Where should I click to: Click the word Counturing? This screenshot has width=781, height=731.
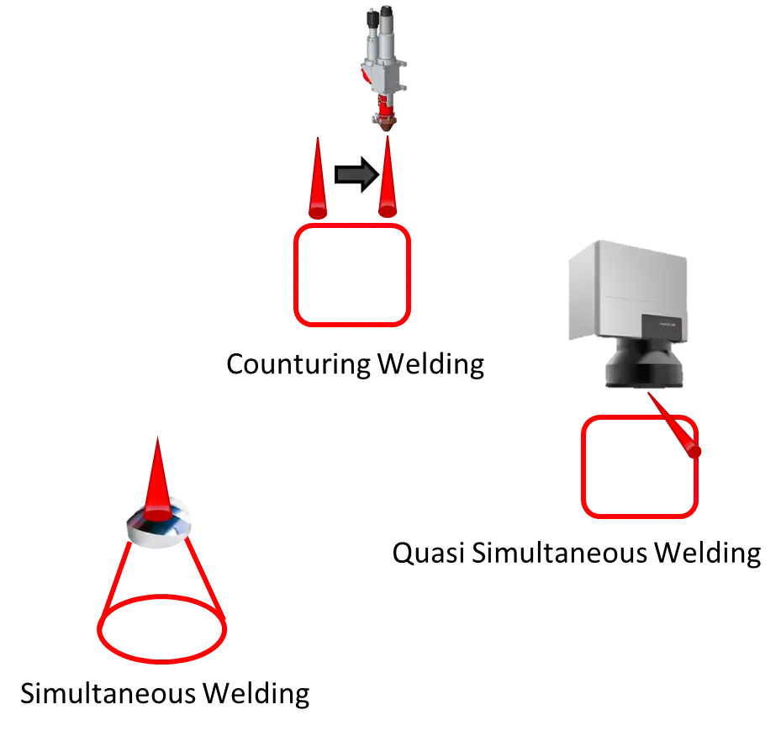click(x=298, y=365)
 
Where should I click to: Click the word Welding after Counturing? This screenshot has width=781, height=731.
click(x=430, y=365)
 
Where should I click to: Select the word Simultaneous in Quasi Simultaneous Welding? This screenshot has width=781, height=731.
click(x=559, y=554)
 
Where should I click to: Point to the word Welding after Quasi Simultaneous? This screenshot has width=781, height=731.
click(x=708, y=554)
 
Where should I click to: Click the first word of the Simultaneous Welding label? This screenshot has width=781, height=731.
click(x=108, y=694)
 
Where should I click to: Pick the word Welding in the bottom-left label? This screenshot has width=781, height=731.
click(x=256, y=694)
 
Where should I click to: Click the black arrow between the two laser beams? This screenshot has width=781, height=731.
click(x=356, y=174)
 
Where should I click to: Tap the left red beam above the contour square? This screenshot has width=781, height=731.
click(x=318, y=179)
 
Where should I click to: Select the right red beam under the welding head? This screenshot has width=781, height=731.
click(x=388, y=178)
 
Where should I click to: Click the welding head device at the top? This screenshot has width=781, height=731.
click(x=384, y=67)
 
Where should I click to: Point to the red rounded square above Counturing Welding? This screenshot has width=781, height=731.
click(x=295, y=275)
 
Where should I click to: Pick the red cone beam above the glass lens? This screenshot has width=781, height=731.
click(x=157, y=481)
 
